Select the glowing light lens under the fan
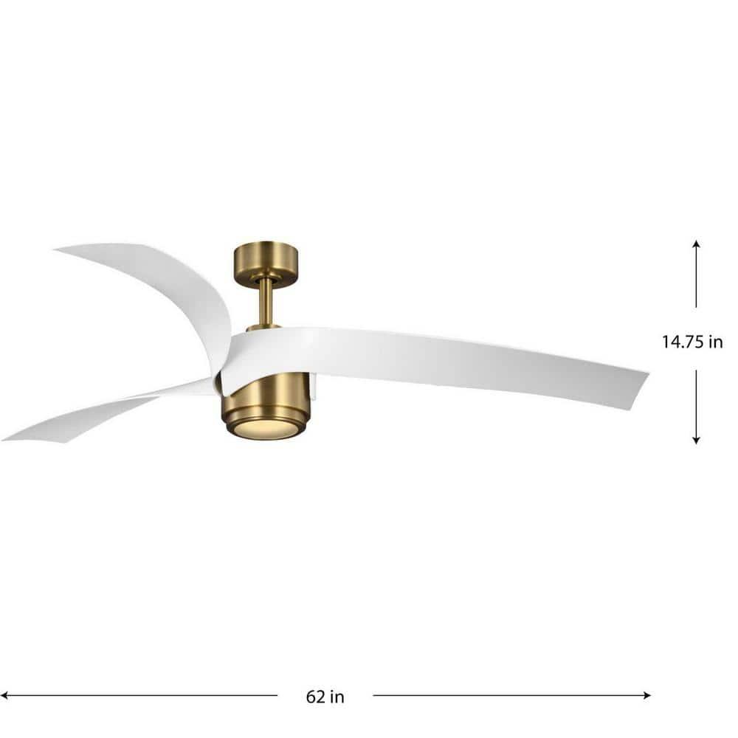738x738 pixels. (x=266, y=430)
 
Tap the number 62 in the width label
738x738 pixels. (x=314, y=696)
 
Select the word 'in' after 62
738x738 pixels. (x=337, y=696)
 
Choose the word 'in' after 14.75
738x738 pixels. (x=715, y=342)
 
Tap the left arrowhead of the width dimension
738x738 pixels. (x=5, y=694)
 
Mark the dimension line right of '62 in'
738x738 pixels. (x=509, y=694)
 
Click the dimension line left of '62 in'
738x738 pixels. (x=140, y=694)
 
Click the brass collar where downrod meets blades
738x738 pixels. (x=263, y=326)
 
